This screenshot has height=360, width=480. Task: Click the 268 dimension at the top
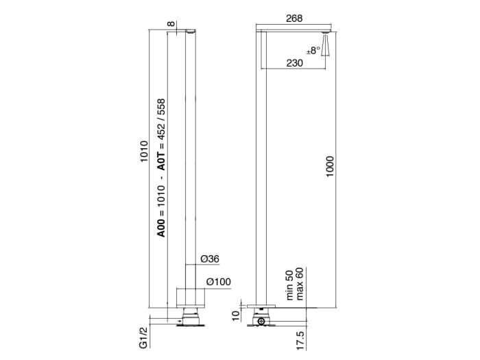[x=293, y=19]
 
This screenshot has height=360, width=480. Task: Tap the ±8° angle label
[x=314, y=50]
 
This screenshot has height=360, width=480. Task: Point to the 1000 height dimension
[x=331, y=168]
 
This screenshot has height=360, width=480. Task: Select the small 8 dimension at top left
[x=170, y=25]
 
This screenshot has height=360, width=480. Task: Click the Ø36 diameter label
[x=209, y=259]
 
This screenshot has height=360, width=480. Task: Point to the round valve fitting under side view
[x=261, y=321]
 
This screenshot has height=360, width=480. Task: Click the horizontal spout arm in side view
[x=295, y=32]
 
